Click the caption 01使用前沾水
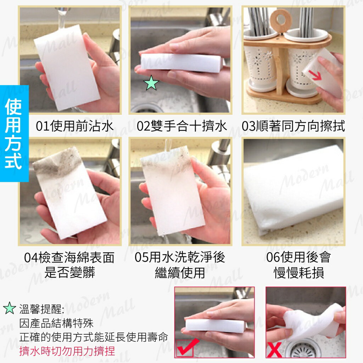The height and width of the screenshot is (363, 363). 75,126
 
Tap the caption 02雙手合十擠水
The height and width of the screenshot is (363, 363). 182,126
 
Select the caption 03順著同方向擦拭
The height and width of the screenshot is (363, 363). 294,126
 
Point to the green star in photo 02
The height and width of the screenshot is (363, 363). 151,84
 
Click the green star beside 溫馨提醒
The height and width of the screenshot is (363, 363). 9,309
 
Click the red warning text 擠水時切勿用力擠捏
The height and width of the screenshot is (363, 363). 67,351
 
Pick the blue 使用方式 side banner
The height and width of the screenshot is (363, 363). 14,133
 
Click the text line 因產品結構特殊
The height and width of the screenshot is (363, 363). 56,323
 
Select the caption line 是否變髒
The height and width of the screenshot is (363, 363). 70,273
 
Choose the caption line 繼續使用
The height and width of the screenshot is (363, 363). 180,273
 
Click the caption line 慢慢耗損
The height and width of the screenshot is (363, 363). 298,273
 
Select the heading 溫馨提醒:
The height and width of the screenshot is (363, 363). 41,309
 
